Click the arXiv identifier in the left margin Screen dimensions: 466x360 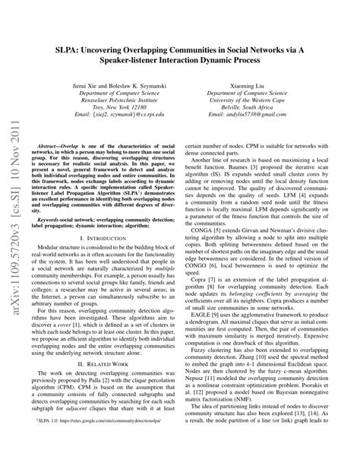[x=16, y=237]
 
